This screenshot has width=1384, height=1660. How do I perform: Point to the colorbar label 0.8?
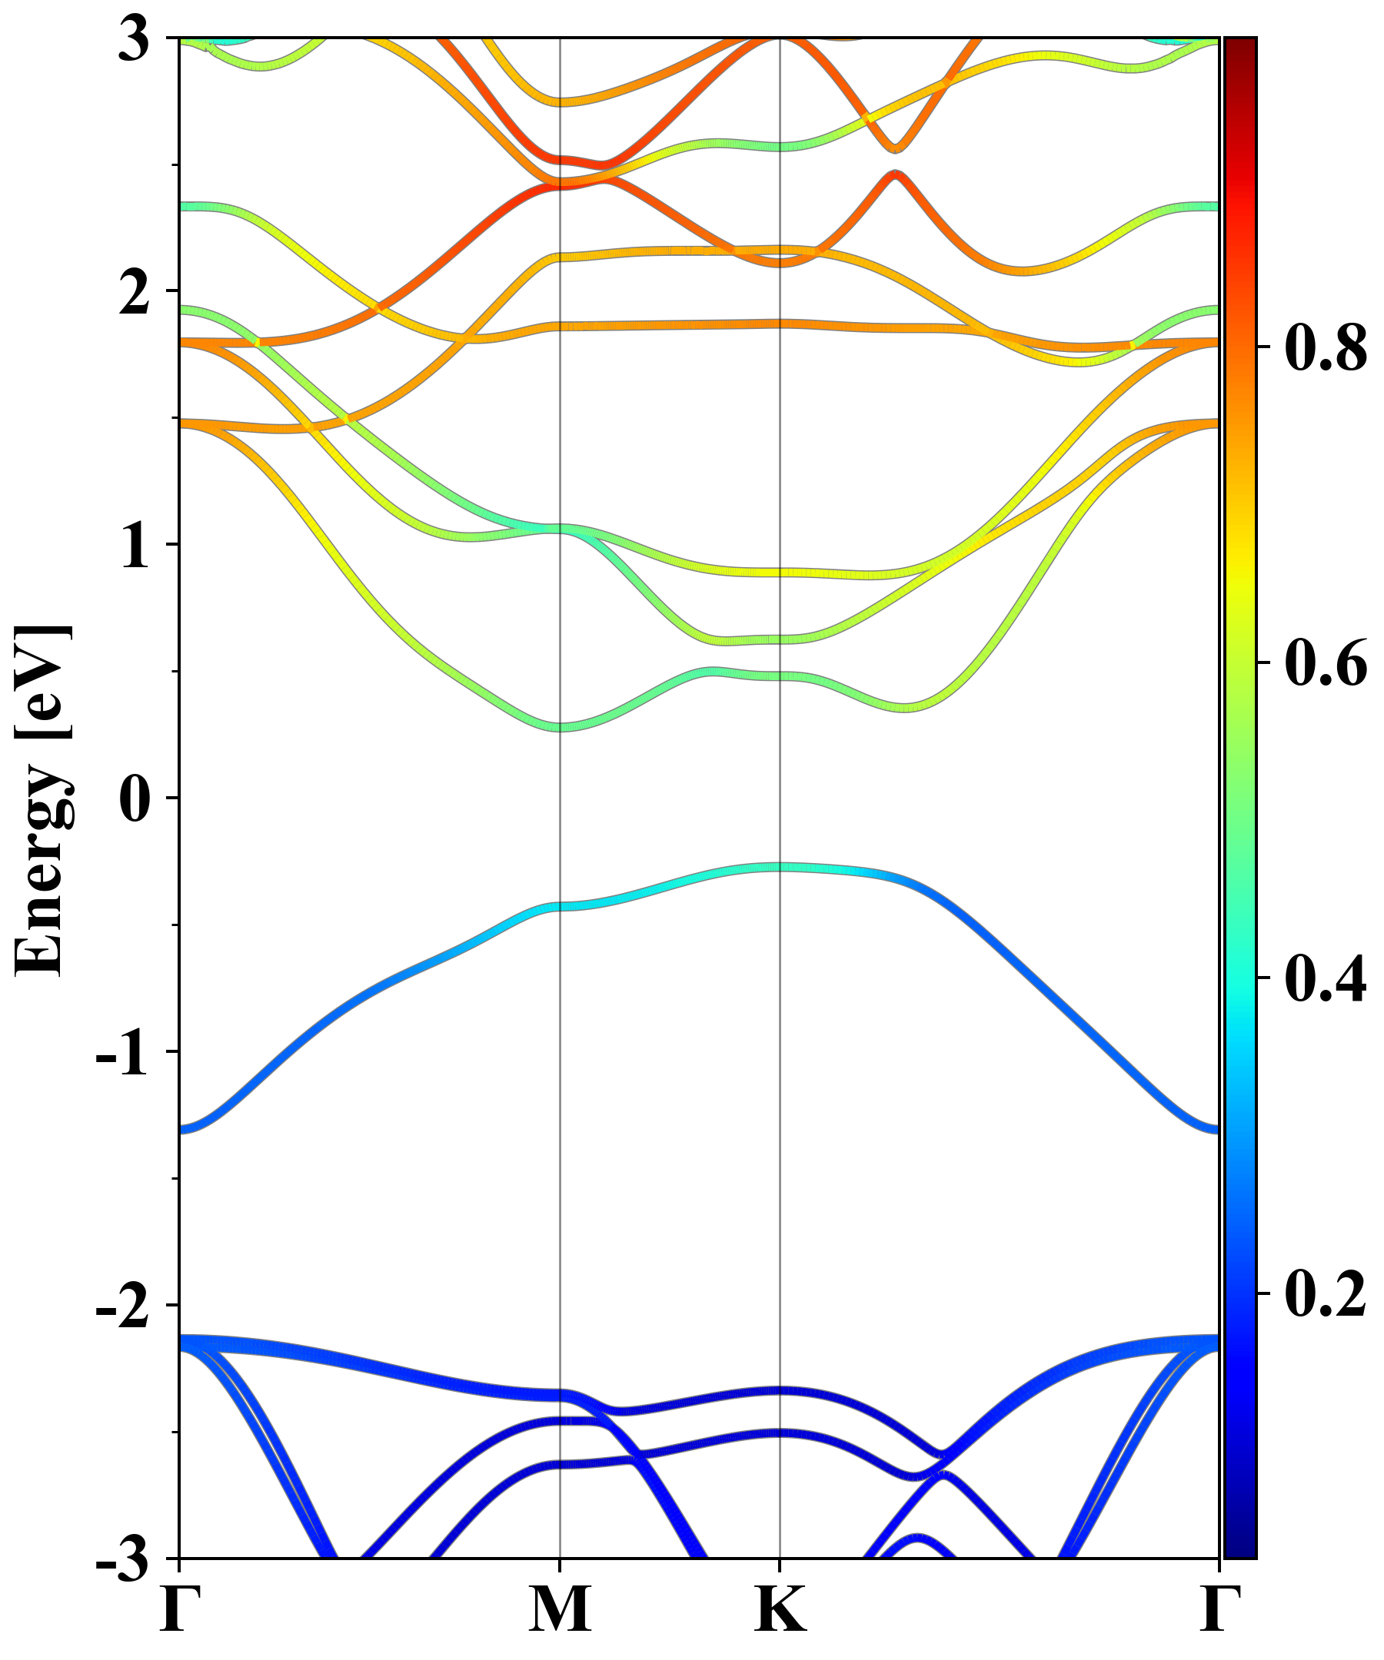[x=1326, y=348]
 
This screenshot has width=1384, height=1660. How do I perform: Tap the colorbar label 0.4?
[x=1326, y=978]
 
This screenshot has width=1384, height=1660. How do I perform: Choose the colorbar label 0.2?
[x=1326, y=1293]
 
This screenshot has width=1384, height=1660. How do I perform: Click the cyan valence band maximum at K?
[x=780, y=867]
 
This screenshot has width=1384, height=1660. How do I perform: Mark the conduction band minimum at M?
[x=560, y=726]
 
